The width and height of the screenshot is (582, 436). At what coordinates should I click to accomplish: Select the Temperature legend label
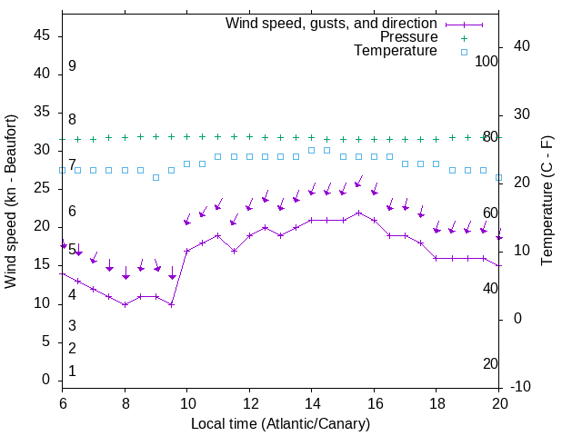[x=396, y=51]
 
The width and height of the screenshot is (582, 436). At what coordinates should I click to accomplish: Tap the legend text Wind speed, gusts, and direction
[x=332, y=23]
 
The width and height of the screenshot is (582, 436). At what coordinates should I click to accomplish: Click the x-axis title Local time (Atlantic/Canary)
[x=281, y=424]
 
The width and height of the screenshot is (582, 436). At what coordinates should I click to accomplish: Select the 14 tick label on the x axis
[x=312, y=403]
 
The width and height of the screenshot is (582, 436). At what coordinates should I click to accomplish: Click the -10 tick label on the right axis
[x=522, y=387]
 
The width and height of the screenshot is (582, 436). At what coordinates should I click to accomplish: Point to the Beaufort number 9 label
[x=72, y=66]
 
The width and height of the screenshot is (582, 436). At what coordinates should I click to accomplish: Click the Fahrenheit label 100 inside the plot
[x=487, y=61]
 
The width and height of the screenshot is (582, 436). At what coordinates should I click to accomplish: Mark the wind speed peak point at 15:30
[x=358, y=213]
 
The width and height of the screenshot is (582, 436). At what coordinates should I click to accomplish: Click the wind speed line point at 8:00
[x=125, y=304]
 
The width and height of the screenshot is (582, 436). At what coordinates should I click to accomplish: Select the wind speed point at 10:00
[x=187, y=251]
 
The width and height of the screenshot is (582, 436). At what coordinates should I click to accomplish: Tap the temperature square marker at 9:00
[x=156, y=177]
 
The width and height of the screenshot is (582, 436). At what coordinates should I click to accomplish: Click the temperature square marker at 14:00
[x=312, y=150]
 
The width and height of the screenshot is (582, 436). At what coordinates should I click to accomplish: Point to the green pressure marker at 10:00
[x=187, y=136]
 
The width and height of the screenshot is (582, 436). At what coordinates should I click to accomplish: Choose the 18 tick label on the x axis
[x=436, y=403]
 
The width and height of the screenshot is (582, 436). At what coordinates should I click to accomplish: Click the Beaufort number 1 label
[x=72, y=372]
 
